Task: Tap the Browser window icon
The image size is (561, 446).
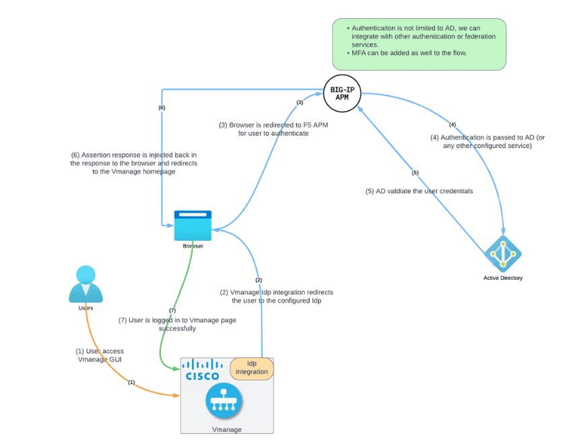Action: pos(193,225)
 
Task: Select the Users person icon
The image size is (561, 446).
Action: pos(86,283)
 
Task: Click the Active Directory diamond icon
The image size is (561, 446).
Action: pos(503,254)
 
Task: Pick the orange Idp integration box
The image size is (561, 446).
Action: pos(251,368)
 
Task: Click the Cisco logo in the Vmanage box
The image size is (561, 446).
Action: pos(202,370)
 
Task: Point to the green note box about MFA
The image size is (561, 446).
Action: pos(419,44)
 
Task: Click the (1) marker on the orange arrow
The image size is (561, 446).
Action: pos(131,382)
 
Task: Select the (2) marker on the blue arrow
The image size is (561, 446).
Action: pos(258,279)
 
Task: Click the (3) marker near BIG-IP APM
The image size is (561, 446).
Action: pos(300,102)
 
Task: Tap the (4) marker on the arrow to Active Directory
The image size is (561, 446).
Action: pos(452,124)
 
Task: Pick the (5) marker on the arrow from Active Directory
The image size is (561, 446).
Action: pos(415,173)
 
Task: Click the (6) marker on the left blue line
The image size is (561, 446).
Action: pos(162,107)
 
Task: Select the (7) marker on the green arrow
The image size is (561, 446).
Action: pos(172,310)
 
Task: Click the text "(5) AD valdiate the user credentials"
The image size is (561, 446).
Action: pos(419,191)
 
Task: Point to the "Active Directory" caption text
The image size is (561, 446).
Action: pos(502,278)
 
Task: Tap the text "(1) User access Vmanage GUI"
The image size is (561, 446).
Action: pos(100,356)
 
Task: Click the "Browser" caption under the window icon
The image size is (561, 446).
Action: pos(193,246)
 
